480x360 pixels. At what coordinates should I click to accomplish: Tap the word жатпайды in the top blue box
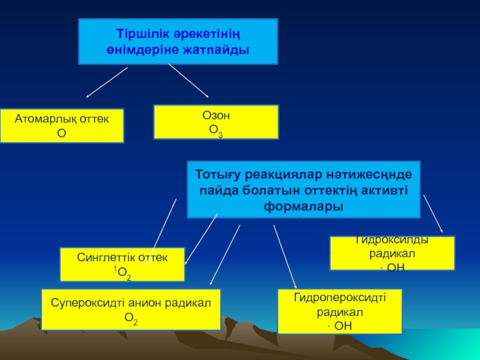click(x=217, y=50)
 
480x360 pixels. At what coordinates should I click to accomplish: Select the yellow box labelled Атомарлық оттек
click(x=62, y=125)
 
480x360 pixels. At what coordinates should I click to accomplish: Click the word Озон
click(x=216, y=116)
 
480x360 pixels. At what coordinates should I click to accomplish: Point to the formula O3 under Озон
click(x=216, y=130)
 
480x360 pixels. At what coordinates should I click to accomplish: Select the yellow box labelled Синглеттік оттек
click(x=122, y=264)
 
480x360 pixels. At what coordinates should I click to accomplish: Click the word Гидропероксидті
click(x=340, y=298)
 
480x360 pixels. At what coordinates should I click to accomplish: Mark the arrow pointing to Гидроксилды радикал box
click(x=433, y=213)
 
